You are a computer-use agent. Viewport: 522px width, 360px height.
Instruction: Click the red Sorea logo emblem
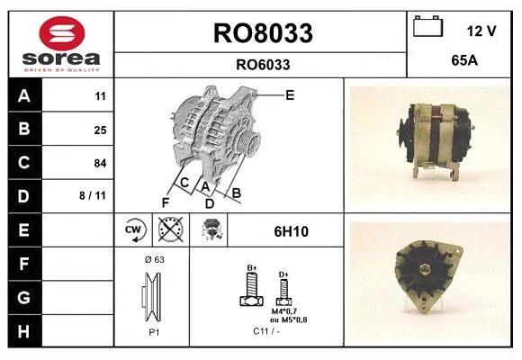62,33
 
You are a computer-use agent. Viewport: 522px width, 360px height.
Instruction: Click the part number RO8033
263,33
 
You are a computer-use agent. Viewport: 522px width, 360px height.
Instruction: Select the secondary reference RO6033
263,65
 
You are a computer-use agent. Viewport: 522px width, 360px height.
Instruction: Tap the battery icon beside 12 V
427,26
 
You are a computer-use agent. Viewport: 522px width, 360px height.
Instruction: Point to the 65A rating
464,60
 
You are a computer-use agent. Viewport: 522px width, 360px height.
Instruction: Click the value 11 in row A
100,96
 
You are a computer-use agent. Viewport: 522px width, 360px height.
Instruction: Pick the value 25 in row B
100,130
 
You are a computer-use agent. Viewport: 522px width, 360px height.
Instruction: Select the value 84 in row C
100,163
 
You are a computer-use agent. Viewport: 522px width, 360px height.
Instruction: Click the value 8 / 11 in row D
93,195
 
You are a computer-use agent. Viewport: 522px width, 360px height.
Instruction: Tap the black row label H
24,331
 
